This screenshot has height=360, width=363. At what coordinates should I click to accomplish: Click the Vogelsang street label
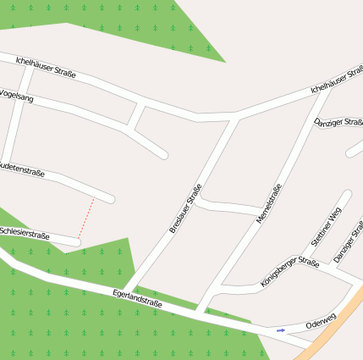[x=18, y=97]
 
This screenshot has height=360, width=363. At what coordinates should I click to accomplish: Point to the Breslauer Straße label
[x=185, y=208]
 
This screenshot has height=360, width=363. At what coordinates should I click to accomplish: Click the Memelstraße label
[x=268, y=203]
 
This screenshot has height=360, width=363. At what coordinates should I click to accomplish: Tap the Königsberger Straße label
[x=289, y=273]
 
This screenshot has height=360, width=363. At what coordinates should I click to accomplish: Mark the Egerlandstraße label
[x=137, y=297]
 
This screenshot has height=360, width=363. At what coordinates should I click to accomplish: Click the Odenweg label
[x=321, y=322]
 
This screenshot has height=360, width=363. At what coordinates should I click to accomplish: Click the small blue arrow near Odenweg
[x=281, y=330]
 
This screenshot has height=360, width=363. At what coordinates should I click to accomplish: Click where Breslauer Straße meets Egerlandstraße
[x=129, y=290]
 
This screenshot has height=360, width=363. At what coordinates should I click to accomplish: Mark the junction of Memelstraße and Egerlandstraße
[x=200, y=311]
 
